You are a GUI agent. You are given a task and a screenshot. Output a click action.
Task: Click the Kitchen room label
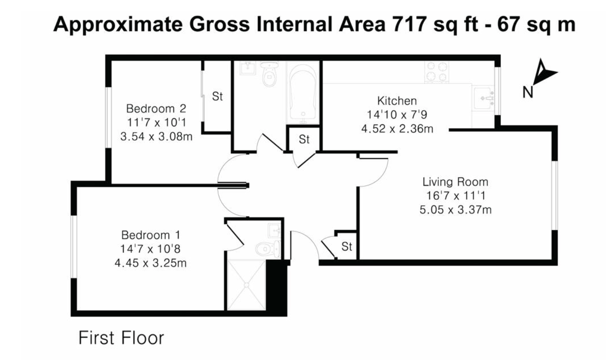(x=397, y=101)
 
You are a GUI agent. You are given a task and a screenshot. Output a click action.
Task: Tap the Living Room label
(x=455, y=182)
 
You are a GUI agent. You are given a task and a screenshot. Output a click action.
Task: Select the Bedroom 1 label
(x=151, y=235)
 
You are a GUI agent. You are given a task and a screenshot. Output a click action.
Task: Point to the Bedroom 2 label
(x=156, y=108)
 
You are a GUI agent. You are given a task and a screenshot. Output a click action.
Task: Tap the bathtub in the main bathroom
(x=303, y=93)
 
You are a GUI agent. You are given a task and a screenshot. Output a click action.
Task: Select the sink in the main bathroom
(x=247, y=68)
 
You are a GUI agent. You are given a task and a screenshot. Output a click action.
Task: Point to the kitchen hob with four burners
(x=437, y=72)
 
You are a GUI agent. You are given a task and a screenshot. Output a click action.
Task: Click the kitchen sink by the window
(x=483, y=98)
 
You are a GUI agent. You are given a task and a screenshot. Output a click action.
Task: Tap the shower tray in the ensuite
(x=247, y=285)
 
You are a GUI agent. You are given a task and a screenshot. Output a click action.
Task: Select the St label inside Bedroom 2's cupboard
(x=217, y=96)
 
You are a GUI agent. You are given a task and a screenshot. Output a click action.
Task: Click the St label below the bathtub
(x=304, y=139)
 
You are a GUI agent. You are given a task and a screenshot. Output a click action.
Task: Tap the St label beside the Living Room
(x=347, y=246)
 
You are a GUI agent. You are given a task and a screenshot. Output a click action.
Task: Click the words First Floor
(x=121, y=338)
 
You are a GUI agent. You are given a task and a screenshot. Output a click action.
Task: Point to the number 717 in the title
(x=409, y=24)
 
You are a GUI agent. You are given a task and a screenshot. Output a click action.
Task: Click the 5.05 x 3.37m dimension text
(x=455, y=210)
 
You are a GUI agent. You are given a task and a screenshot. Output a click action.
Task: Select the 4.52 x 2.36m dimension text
(x=397, y=129)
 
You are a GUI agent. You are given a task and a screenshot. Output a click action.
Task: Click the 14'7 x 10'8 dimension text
(x=150, y=249)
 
